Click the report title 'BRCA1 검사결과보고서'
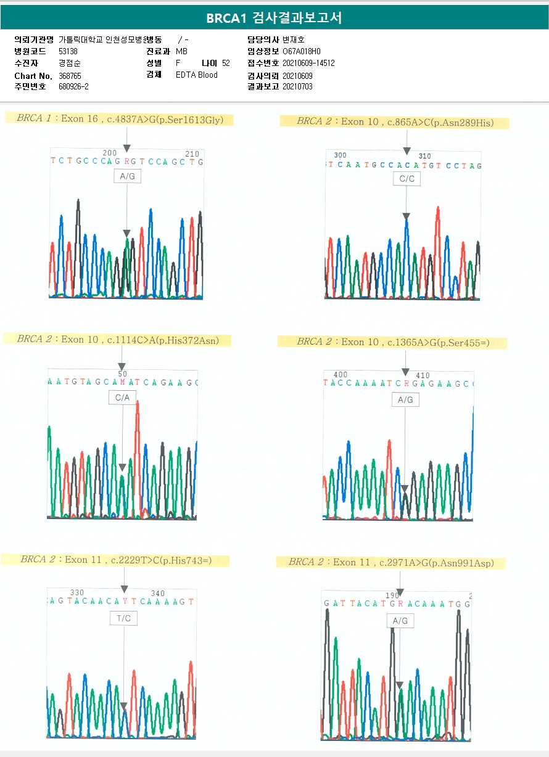click(x=274, y=18)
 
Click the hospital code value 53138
click(x=68, y=51)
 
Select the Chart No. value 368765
click(x=70, y=75)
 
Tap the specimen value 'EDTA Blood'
click(x=196, y=75)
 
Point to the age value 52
click(x=226, y=63)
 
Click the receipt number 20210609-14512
click(x=308, y=63)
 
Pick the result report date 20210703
click(x=297, y=87)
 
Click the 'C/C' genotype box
click(x=406, y=179)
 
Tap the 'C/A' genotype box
click(x=122, y=398)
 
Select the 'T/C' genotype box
click(x=123, y=618)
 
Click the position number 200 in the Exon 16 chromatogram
click(x=109, y=153)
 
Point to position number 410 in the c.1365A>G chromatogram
click(x=423, y=375)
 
